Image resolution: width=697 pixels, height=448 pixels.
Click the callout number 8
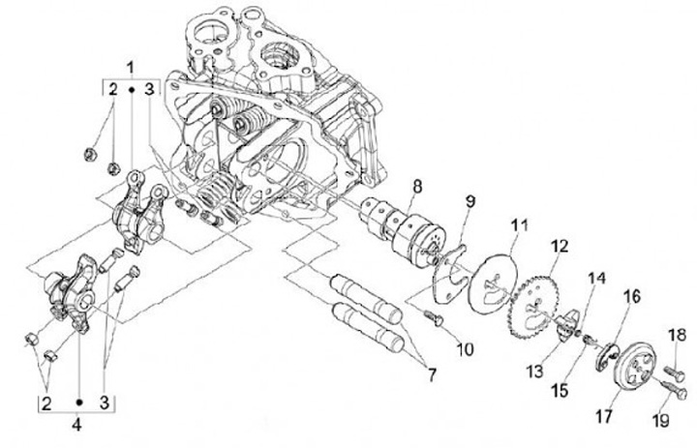(415, 185)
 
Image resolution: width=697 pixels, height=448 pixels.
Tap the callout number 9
(470, 202)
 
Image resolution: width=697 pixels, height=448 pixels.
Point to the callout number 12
(558, 248)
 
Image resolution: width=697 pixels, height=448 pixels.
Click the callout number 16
(632, 296)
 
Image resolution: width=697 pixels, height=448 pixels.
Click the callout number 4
(78, 422)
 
